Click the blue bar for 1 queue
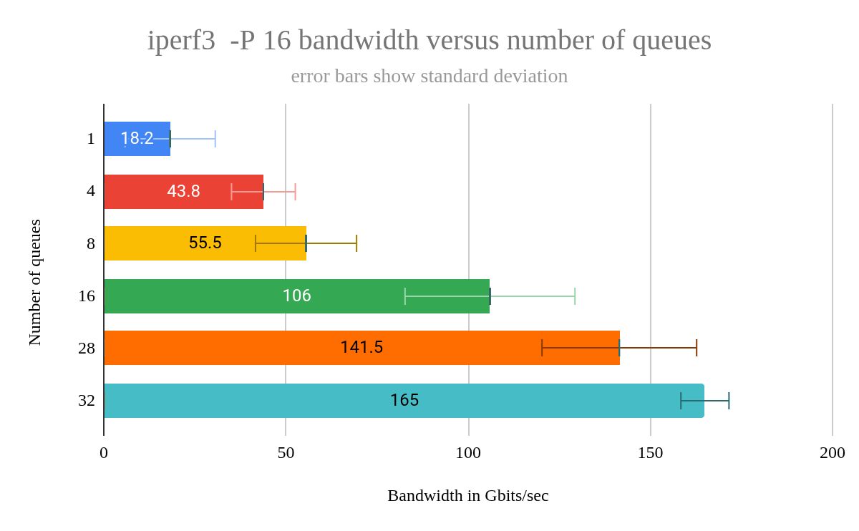tap(137, 139)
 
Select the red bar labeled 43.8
tap(183, 192)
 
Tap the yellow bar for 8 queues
tap(205, 243)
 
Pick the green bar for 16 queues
tap(296, 296)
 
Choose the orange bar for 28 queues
tap(361, 348)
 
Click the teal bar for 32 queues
tap(404, 401)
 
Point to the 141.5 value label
tap(361, 348)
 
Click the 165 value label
tap(404, 401)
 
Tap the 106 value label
tap(296, 296)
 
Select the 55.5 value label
tap(205, 243)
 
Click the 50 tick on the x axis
tap(286, 453)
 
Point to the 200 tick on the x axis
tap(833, 453)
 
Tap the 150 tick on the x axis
tap(651, 453)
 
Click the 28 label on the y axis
tap(87, 349)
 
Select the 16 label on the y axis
tap(87, 296)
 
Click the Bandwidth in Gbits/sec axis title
tap(468, 495)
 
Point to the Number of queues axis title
tap(35, 283)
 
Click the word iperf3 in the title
tap(181, 40)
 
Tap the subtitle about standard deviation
tap(429, 76)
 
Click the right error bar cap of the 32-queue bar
tap(729, 401)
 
